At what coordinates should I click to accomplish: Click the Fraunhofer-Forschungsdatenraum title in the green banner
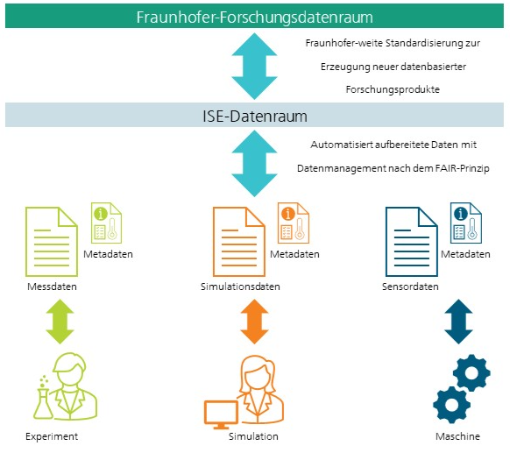(x=254, y=17)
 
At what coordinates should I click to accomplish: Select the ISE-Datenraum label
(x=255, y=117)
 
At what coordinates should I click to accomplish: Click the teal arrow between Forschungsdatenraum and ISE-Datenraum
(x=254, y=66)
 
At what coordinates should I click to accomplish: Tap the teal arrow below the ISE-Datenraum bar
(x=254, y=163)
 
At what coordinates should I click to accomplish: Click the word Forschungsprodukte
(x=393, y=89)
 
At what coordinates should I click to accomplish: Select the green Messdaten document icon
(x=52, y=242)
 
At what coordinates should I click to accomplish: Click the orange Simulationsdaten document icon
(x=238, y=242)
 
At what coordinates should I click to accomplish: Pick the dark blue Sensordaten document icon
(x=412, y=242)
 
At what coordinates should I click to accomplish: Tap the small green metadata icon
(x=106, y=223)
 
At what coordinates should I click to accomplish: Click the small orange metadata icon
(x=294, y=223)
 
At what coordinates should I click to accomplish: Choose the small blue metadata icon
(x=466, y=223)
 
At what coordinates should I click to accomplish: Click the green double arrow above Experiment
(x=60, y=322)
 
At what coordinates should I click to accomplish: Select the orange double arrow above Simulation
(x=254, y=322)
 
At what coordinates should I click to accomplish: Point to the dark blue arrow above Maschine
(x=458, y=322)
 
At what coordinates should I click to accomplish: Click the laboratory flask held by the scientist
(x=43, y=403)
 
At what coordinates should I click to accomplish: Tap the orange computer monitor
(x=221, y=414)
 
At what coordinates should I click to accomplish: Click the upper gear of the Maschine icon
(x=471, y=372)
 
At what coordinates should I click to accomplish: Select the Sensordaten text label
(x=410, y=287)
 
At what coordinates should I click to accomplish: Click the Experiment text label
(x=52, y=436)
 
